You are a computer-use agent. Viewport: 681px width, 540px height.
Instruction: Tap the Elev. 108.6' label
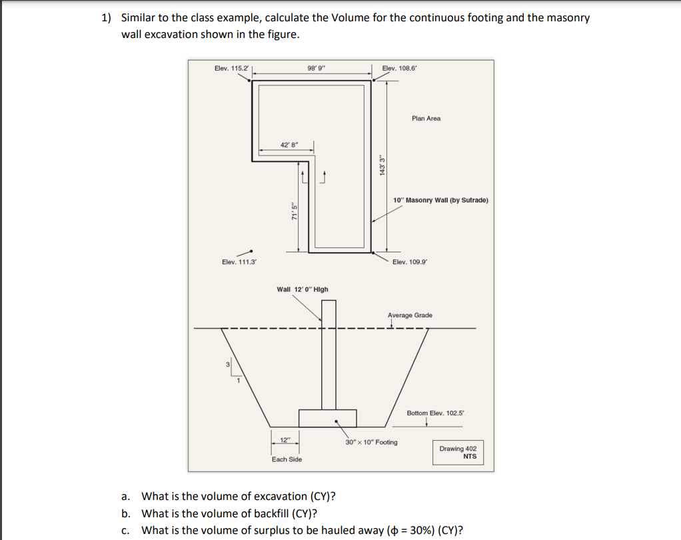point(400,69)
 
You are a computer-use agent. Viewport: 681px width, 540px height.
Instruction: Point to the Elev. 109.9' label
point(410,262)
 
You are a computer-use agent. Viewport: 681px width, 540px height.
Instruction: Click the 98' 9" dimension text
point(316,69)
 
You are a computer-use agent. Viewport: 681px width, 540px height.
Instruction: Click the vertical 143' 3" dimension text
point(381,165)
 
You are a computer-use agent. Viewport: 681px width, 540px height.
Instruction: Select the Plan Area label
point(426,119)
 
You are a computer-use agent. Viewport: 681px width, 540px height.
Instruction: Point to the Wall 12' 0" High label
point(302,289)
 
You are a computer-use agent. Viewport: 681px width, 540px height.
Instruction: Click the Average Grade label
point(410,315)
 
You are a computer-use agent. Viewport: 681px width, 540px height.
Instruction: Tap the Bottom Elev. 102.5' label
point(434,413)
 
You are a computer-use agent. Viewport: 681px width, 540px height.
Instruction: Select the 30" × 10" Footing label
point(371,442)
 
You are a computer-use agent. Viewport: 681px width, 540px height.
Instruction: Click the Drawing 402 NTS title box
point(458,453)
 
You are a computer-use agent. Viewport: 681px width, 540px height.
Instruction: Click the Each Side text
point(287,459)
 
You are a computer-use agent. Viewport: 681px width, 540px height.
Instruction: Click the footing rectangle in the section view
point(327,418)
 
